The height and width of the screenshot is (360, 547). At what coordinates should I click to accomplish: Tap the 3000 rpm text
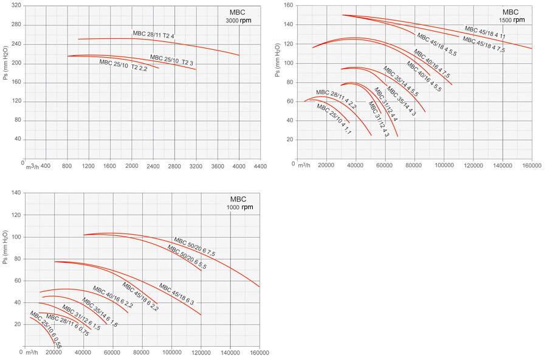click(x=239, y=21)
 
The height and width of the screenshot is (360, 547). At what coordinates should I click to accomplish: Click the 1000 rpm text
click(x=239, y=207)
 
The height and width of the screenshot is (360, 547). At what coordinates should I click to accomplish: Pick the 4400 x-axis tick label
click(x=260, y=165)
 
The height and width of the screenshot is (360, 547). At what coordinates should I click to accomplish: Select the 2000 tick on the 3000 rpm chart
click(x=131, y=165)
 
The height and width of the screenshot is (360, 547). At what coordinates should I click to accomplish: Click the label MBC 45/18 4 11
click(x=485, y=32)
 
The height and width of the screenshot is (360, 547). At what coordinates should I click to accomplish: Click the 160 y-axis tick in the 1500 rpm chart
click(x=288, y=5)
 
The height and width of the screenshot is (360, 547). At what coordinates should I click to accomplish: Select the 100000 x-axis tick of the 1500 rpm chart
click(x=444, y=165)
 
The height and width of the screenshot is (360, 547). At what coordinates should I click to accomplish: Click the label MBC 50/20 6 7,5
click(x=194, y=245)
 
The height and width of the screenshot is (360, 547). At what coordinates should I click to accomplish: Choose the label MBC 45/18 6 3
click(x=176, y=294)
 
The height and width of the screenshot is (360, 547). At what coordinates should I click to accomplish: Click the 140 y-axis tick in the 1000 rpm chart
click(x=16, y=193)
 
